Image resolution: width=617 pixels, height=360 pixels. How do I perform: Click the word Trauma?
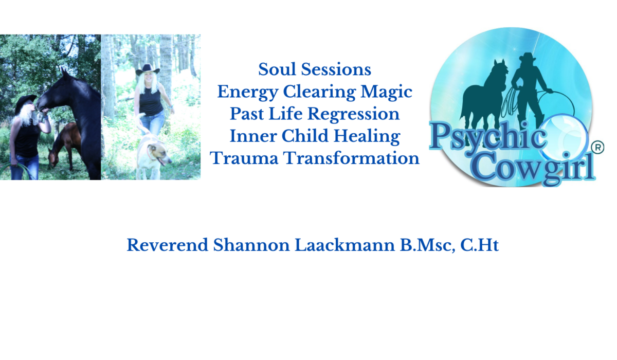(244, 158)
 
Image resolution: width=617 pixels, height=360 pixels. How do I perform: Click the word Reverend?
(167, 245)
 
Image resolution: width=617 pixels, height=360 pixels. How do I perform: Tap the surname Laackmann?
(344, 245)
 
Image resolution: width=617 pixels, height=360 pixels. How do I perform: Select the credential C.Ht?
(479, 245)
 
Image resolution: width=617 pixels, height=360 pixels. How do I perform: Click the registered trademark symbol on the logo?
(597, 148)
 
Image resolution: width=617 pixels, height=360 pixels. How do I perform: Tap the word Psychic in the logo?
(487, 136)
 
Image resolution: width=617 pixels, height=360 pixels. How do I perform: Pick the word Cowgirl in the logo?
(534, 168)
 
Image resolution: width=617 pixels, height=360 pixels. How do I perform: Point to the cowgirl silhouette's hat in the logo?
(528, 57)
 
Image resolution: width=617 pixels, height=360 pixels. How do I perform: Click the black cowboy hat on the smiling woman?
(148, 70)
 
